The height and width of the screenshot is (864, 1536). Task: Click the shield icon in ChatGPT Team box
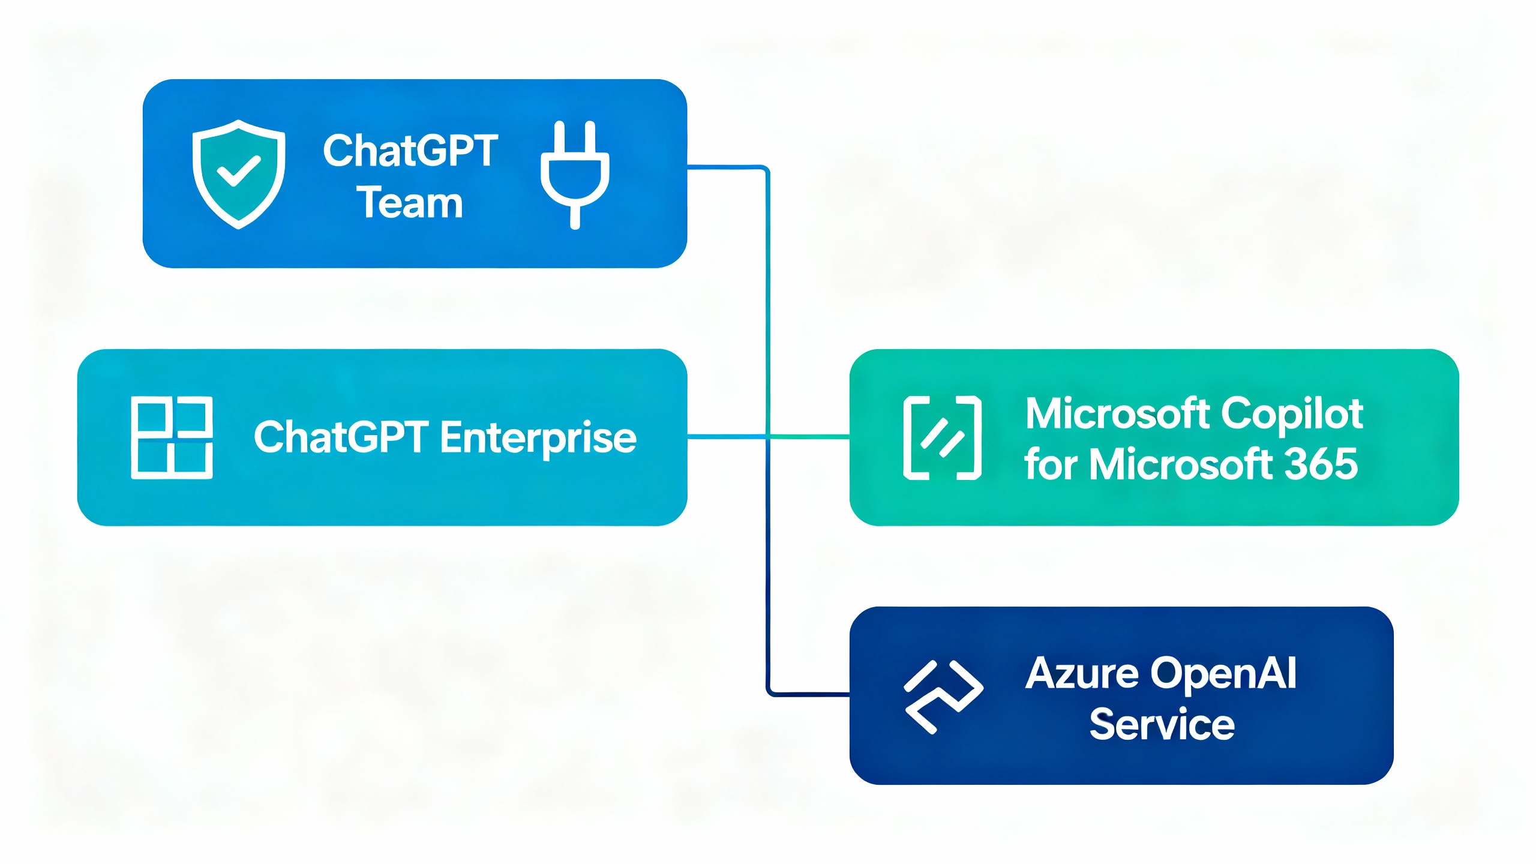point(238,174)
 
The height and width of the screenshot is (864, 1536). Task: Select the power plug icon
point(575,174)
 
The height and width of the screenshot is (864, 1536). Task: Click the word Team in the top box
point(410,203)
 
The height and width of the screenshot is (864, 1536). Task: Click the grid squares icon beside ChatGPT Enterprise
point(172,437)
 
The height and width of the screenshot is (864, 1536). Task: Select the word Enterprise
point(538,437)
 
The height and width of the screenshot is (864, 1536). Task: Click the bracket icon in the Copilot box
point(942,437)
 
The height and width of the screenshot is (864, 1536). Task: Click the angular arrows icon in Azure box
point(943,696)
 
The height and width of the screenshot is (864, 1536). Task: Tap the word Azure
point(1082,673)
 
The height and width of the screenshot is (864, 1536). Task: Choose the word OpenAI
point(1224,674)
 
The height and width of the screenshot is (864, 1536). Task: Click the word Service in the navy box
point(1162,724)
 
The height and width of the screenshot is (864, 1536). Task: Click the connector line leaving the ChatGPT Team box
point(726,167)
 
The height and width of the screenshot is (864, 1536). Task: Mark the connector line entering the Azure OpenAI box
point(810,694)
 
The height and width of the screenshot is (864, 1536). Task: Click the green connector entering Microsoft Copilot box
point(810,437)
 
